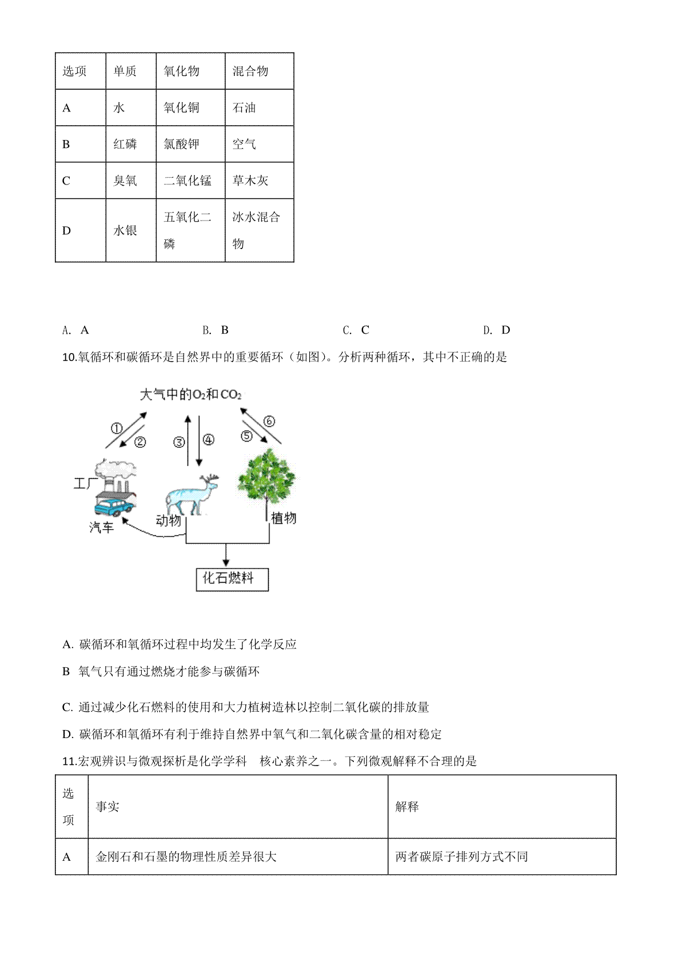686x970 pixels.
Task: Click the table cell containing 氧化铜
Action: point(190,107)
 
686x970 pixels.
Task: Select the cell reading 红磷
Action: point(131,144)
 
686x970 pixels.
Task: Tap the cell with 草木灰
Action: point(259,180)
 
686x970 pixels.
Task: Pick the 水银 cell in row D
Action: point(131,230)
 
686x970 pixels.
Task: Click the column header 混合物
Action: point(259,71)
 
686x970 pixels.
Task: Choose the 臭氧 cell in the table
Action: point(131,180)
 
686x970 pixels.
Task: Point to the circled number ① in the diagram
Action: point(117,428)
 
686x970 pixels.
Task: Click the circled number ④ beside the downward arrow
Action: point(209,439)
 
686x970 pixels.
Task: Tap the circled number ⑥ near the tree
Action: point(269,421)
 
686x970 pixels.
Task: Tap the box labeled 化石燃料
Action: point(232,579)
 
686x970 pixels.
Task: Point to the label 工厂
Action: point(85,483)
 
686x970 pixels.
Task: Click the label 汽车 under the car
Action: point(102,527)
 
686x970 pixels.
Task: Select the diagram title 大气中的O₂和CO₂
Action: point(191,394)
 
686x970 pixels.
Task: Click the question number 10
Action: point(69,357)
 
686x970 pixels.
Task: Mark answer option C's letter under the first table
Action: point(365,330)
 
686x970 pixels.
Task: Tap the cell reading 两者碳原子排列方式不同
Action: point(502,856)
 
